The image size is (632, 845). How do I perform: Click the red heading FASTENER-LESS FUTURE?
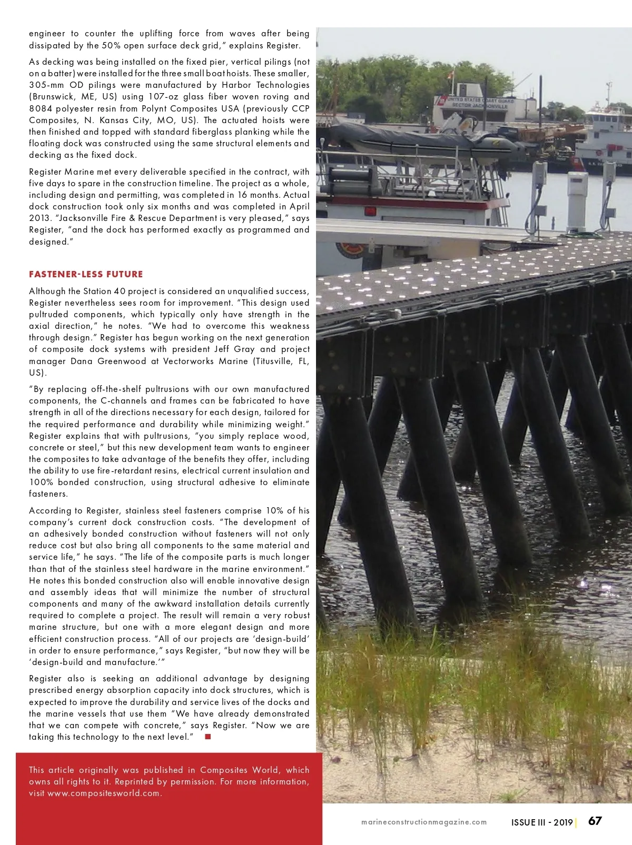click(86, 274)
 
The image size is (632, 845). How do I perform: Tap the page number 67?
click(595, 821)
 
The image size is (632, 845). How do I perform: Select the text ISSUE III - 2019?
click(542, 822)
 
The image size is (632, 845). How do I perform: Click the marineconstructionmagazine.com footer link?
click(424, 822)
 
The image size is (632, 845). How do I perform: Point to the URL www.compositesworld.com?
click(103, 793)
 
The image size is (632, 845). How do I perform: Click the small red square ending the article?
click(208, 737)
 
